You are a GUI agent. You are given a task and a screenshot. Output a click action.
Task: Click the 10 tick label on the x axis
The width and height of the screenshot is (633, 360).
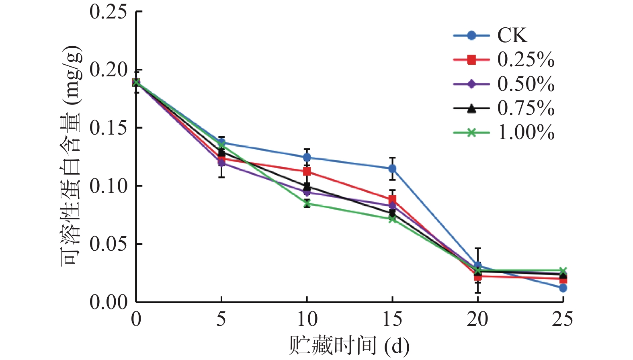[307, 319]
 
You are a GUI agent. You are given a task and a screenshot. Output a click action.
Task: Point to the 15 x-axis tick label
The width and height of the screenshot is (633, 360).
[392, 319]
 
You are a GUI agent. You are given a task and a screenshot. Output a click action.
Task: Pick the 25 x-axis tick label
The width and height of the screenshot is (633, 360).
[563, 319]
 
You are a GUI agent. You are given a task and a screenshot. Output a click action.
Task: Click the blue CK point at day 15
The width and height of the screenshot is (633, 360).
[392, 169]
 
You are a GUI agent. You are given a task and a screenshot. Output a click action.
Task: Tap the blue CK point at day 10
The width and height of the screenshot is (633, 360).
[307, 157]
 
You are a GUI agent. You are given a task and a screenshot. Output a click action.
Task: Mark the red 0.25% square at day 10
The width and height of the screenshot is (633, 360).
[307, 172]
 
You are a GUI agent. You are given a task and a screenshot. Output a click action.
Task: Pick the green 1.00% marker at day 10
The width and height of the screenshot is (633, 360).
[307, 204]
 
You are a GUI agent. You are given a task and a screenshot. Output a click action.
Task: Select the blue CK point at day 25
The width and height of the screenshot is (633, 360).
[563, 288]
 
